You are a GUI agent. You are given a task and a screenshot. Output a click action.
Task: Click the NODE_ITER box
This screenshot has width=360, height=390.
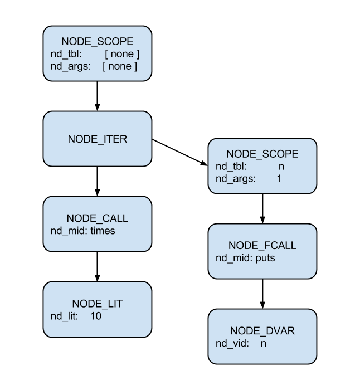(98, 139)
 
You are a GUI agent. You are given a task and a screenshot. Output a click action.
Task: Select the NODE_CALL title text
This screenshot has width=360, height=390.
(98, 218)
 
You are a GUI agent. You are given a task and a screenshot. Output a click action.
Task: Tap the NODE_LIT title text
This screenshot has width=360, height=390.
(98, 304)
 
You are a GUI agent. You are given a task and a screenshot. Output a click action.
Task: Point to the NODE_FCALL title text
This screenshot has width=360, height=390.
(262, 246)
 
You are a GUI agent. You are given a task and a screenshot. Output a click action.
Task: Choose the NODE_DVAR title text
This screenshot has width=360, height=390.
(262, 331)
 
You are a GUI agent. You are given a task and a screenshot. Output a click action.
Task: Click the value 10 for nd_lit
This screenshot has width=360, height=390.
(95, 316)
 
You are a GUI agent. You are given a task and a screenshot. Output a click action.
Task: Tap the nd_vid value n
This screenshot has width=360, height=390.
(264, 343)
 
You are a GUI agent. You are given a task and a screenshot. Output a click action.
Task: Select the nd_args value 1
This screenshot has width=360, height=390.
(279, 179)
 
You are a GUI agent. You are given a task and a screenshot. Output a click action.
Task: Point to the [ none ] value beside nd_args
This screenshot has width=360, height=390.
(120, 66)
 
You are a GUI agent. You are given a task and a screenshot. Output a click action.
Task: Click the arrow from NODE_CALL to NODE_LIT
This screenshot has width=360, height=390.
(98, 266)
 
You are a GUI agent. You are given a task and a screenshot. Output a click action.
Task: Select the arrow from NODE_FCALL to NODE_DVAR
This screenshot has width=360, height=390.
(262, 294)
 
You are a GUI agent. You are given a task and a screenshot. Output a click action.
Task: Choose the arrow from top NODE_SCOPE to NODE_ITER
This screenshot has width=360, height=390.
(98, 96)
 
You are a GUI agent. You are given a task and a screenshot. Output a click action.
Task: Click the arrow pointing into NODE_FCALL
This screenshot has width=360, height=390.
(262, 209)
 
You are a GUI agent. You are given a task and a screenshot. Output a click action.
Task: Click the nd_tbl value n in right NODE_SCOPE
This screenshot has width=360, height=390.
(281, 166)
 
